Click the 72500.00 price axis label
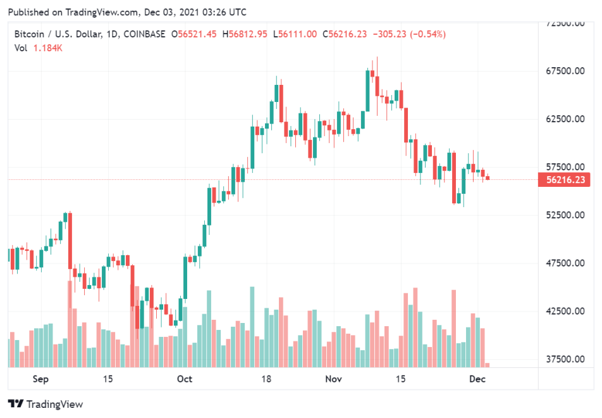567,23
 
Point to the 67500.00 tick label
567,71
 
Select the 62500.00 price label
567,119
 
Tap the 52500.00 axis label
567,215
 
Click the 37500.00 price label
567,359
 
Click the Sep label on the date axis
40,379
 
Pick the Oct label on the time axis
185,379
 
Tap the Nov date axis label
333,379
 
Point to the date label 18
266,379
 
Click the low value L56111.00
295,34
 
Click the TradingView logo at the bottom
45,404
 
